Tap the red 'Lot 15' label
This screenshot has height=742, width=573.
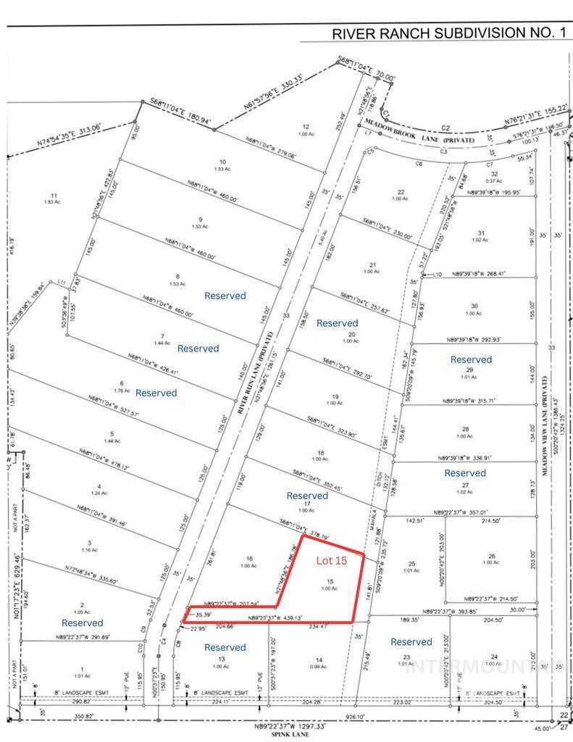click(331, 560)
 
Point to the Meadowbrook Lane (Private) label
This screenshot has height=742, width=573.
click(428, 134)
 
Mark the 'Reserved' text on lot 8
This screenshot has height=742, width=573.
click(225, 296)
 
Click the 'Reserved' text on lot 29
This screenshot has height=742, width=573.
click(471, 359)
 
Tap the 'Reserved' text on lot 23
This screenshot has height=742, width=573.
click(411, 641)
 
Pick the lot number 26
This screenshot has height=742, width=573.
click(491, 556)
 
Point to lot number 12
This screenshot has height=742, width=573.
click(306, 127)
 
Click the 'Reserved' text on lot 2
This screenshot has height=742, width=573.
click(82, 622)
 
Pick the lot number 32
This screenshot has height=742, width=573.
click(495, 175)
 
